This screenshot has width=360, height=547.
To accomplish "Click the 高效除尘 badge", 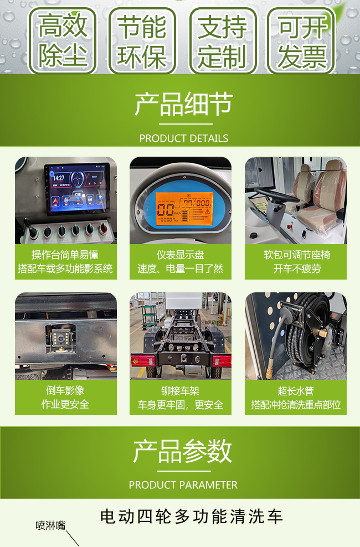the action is [62, 40].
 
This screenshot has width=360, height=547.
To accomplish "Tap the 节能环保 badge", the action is [142, 40].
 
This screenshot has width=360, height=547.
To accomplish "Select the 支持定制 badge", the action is [223, 40].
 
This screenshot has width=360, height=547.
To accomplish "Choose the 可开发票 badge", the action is [301, 40].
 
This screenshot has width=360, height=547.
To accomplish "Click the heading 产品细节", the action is [184, 104].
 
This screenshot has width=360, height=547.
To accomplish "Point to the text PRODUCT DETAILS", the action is [184, 138].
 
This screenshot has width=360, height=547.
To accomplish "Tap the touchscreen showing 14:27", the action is [77, 188].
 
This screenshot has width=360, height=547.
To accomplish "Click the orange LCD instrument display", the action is [183, 208].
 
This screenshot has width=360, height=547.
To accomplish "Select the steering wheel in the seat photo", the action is [275, 195].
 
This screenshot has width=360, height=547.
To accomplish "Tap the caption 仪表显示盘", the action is [181, 255].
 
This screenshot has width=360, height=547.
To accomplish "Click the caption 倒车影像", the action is [65, 390].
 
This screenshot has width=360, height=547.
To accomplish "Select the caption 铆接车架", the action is [181, 391].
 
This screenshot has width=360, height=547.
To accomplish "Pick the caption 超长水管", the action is [296, 391].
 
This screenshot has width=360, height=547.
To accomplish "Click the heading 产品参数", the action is [182, 451].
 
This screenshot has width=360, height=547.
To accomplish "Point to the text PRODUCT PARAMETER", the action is [183, 485].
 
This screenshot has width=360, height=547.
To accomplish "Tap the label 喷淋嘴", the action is [50, 525].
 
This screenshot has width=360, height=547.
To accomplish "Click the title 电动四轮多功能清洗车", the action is [191, 517].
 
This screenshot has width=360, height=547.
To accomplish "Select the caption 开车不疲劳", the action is [297, 269].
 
